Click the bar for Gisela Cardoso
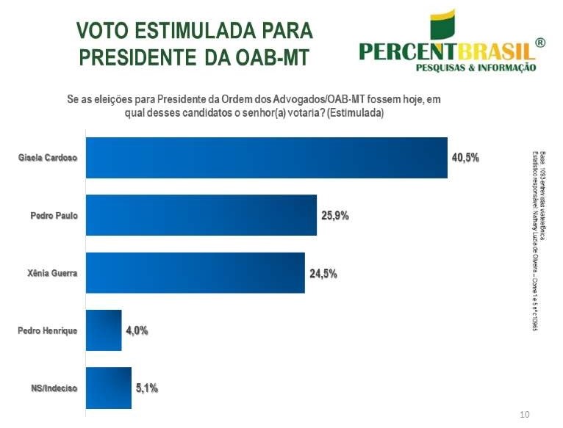[267, 158]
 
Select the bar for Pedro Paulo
[201, 215]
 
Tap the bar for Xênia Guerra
[196, 273]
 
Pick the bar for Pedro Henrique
[104, 330]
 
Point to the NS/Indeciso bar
[109, 388]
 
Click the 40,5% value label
[465, 158]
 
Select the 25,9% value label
[334, 216]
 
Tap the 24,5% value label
[323, 274]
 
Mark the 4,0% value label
[136, 331]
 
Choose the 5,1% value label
[146, 388]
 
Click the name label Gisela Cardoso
[48, 158]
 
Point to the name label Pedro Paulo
[54, 216]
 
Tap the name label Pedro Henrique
[47, 331]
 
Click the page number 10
[524, 416]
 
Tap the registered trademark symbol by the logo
[540, 43]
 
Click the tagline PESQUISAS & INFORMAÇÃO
[476, 68]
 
